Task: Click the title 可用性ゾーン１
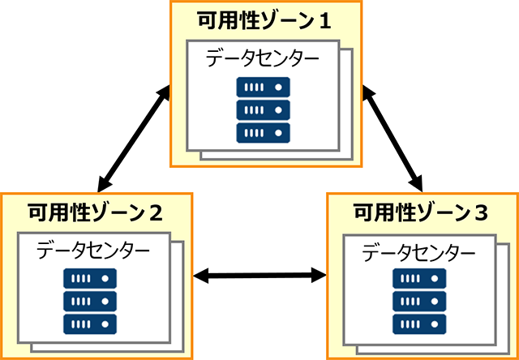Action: tap(264, 20)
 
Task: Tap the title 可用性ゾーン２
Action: tap(96, 213)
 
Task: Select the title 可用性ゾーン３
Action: tap(421, 213)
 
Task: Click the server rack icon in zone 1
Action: tap(263, 109)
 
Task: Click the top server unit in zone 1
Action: tap(263, 87)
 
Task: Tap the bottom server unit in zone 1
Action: tap(263, 132)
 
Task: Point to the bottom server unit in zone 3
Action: tap(419, 324)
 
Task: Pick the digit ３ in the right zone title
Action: tap(481, 213)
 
